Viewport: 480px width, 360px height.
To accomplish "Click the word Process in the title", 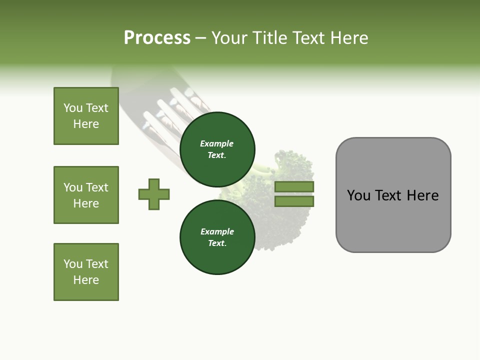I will (157, 38).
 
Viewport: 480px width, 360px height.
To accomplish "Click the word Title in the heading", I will (268, 38).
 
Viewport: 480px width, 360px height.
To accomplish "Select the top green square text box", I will (86, 116).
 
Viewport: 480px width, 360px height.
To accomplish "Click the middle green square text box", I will (86, 195).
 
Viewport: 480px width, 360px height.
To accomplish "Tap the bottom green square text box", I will (86, 272).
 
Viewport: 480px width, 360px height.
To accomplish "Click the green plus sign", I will (154, 194).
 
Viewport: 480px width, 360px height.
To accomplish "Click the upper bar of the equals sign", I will (294, 186).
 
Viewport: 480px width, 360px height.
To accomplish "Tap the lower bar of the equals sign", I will (294, 201).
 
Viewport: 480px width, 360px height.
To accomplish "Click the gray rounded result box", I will (393, 220).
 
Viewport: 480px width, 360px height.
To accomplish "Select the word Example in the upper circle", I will (217, 143).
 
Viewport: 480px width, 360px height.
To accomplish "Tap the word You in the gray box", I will (358, 195).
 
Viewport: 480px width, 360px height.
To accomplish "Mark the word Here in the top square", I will (86, 124).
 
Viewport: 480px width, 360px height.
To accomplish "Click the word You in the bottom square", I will (72, 264).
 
